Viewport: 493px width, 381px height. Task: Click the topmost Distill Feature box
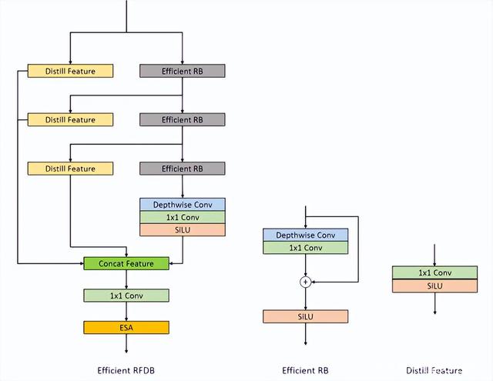click(x=70, y=71)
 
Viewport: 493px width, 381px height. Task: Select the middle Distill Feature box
click(x=70, y=119)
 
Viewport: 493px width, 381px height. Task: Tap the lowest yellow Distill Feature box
click(x=70, y=169)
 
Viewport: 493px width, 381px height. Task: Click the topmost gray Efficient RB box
click(x=182, y=71)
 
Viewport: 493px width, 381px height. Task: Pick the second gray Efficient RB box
click(x=182, y=119)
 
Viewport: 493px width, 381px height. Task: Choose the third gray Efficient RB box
click(x=182, y=169)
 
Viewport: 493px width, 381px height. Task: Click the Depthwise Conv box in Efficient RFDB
click(x=182, y=204)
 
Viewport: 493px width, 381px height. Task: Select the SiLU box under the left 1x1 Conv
click(x=182, y=229)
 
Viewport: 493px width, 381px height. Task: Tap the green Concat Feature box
click(x=126, y=263)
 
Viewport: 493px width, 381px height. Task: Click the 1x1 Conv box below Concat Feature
click(x=126, y=295)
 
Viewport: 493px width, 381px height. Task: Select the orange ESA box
click(x=126, y=327)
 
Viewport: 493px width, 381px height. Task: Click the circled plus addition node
click(x=305, y=282)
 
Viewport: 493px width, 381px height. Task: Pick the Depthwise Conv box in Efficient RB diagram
click(x=305, y=235)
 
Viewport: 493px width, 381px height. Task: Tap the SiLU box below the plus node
click(x=305, y=316)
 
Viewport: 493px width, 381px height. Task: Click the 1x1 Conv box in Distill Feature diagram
click(x=435, y=272)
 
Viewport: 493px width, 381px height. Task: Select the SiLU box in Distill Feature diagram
click(x=435, y=286)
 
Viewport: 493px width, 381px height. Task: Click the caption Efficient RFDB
click(x=126, y=369)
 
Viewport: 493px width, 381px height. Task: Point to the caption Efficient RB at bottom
click(x=305, y=369)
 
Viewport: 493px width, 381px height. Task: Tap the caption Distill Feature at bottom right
click(x=434, y=369)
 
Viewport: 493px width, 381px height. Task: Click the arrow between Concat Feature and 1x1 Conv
click(x=126, y=279)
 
